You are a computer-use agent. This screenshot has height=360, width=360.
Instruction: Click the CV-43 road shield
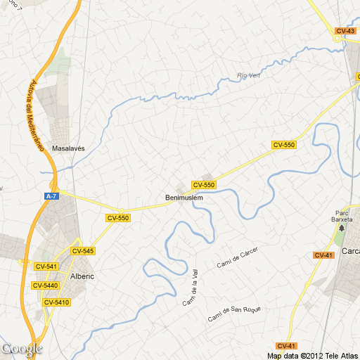click(x=345, y=30)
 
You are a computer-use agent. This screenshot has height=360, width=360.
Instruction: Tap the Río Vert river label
click(x=249, y=75)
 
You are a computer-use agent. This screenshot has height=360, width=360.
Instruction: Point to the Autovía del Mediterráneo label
click(x=35, y=117)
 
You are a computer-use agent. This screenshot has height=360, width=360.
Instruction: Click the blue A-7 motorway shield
click(x=51, y=196)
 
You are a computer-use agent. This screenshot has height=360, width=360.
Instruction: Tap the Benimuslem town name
click(x=184, y=198)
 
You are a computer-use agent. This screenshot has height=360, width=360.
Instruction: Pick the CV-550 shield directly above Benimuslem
click(x=204, y=185)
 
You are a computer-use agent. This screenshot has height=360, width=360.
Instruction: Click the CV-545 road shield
click(x=83, y=250)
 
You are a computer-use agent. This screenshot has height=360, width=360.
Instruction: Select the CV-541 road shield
click(x=45, y=266)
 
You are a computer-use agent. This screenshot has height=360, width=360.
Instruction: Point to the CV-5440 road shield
click(x=46, y=285)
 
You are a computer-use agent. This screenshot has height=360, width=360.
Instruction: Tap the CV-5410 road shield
click(x=56, y=302)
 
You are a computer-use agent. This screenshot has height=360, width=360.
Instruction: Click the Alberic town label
click(x=82, y=276)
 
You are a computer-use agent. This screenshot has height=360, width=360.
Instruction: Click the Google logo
click(x=22, y=348)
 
